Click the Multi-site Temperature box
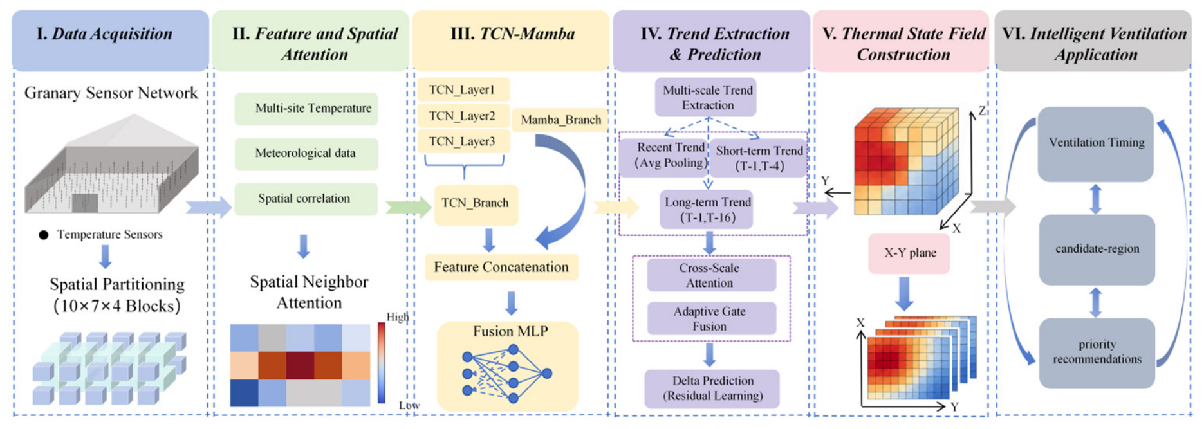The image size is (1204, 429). (306, 108)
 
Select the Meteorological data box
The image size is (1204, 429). (306, 153)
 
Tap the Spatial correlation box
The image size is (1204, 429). (306, 199)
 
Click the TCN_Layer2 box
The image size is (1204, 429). (463, 116)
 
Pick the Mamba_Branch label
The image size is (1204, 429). (560, 120)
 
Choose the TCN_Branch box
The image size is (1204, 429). (476, 203)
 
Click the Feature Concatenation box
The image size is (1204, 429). (501, 267)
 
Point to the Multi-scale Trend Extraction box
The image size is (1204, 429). (707, 97)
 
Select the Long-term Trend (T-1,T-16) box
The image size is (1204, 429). (707, 210)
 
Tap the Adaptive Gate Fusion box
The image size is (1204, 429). (710, 318)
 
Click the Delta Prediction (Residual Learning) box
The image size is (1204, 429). (712, 388)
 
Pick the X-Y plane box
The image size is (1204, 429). (909, 253)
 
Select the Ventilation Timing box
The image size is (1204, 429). (1096, 143)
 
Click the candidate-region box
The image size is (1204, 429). (1097, 250)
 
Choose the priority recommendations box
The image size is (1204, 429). (1097, 352)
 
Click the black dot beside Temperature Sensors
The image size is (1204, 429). (43, 235)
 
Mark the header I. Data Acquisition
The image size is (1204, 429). (104, 33)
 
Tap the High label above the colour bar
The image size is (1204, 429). (397, 316)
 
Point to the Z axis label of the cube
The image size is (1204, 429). (981, 111)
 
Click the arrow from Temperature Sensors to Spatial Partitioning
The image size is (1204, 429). (106, 256)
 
